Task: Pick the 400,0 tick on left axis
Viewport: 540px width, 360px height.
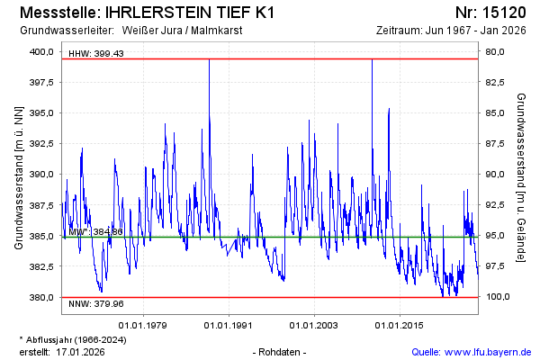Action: pyautogui.click(x=41, y=51)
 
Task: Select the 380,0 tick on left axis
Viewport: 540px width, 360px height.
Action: pyautogui.click(x=41, y=297)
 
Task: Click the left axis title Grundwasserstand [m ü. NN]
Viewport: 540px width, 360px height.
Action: pyautogui.click(x=18, y=176)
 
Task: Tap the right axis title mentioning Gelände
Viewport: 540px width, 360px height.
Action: pyautogui.click(x=521, y=176)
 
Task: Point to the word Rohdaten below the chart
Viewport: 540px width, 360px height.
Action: pyautogui.click(x=281, y=351)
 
